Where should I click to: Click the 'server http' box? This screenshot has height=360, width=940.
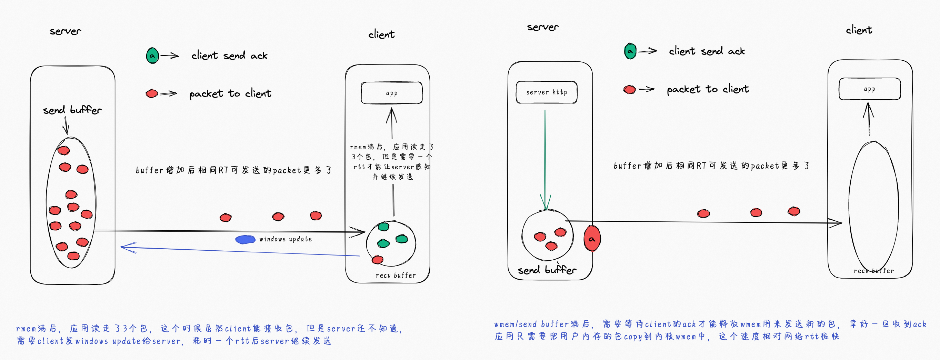(x=546, y=92)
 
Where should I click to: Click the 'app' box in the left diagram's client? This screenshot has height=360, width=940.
(x=391, y=93)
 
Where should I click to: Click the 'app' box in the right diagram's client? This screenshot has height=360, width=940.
(x=869, y=89)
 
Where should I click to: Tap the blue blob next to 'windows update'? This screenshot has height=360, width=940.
(x=245, y=239)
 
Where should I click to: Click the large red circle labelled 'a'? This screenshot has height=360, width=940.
(x=591, y=239)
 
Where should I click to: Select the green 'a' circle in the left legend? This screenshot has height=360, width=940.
(x=152, y=56)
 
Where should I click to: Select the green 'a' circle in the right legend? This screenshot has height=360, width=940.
(x=630, y=51)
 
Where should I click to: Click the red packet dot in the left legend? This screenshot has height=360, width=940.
(x=152, y=94)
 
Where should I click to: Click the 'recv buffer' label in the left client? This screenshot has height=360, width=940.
(x=396, y=276)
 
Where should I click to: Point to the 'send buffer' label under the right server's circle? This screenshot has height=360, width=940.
(x=547, y=270)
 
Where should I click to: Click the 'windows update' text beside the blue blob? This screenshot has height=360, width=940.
(x=286, y=239)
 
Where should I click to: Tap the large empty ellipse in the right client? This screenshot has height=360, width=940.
(x=873, y=204)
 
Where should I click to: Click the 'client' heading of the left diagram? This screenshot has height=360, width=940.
(x=381, y=34)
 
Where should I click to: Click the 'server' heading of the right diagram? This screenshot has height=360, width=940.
(x=543, y=27)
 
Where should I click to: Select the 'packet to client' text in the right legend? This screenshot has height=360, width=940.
(x=708, y=89)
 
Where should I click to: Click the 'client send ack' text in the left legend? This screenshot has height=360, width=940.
(x=229, y=56)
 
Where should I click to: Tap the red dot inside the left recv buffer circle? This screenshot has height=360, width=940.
(x=377, y=260)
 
